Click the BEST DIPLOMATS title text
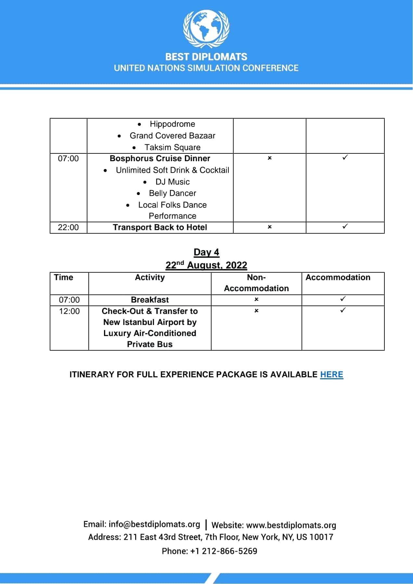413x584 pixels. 206,57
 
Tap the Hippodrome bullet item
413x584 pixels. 172,124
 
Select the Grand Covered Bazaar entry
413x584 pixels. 172,136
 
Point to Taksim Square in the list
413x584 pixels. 172,148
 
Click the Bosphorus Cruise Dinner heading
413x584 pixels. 160,159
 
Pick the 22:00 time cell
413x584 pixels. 68,227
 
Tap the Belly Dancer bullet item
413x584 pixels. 172,193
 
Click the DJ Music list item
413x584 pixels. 172,182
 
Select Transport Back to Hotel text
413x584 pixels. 160,227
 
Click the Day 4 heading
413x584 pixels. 206,253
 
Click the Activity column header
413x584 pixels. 150,278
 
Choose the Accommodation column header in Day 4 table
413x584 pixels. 338,278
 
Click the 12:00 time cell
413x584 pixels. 69,311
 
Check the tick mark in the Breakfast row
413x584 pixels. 343,299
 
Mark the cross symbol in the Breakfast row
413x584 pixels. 256,299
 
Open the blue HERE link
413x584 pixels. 331,375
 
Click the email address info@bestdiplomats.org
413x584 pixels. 154,525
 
